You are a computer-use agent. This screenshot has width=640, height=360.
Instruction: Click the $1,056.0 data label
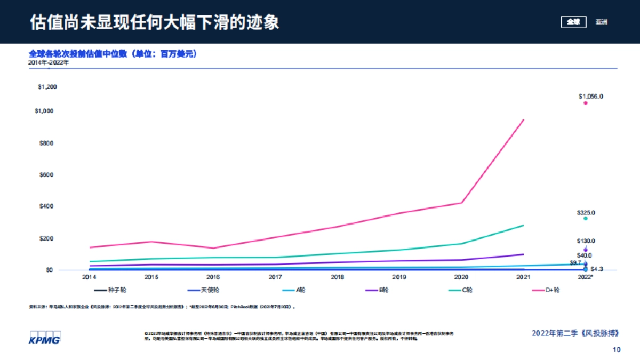[x=590, y=97]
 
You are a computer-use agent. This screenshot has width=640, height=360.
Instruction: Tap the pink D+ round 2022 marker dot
[x=585, y=103]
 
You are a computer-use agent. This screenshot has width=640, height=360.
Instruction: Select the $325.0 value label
[x=586, y=213]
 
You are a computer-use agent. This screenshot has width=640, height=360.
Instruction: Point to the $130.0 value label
[x=586, y=241]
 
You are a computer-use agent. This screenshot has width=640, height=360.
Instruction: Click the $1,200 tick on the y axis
[x=47, y=86]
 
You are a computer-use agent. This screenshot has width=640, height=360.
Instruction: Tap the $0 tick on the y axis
[x=49, y=270]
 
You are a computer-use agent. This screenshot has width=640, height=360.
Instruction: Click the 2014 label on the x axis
[x=89, y=278]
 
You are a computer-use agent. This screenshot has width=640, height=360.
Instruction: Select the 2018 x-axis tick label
[x=337, y=278]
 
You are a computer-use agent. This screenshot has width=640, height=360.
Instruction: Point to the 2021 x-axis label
[x=523, y=278]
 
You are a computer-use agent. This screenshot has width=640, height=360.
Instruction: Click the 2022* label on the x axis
[x=586, y=278]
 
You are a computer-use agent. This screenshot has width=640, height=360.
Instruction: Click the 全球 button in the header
[x=573, y=22]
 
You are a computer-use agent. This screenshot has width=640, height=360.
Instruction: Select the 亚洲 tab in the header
[x=602, y=22]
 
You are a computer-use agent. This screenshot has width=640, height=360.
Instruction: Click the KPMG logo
[x=45, y=338]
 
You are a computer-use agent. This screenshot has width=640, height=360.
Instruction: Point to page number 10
[x=617, y=350]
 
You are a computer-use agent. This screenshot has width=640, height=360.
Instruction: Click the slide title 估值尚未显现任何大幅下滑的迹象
[x=155, y=22]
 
